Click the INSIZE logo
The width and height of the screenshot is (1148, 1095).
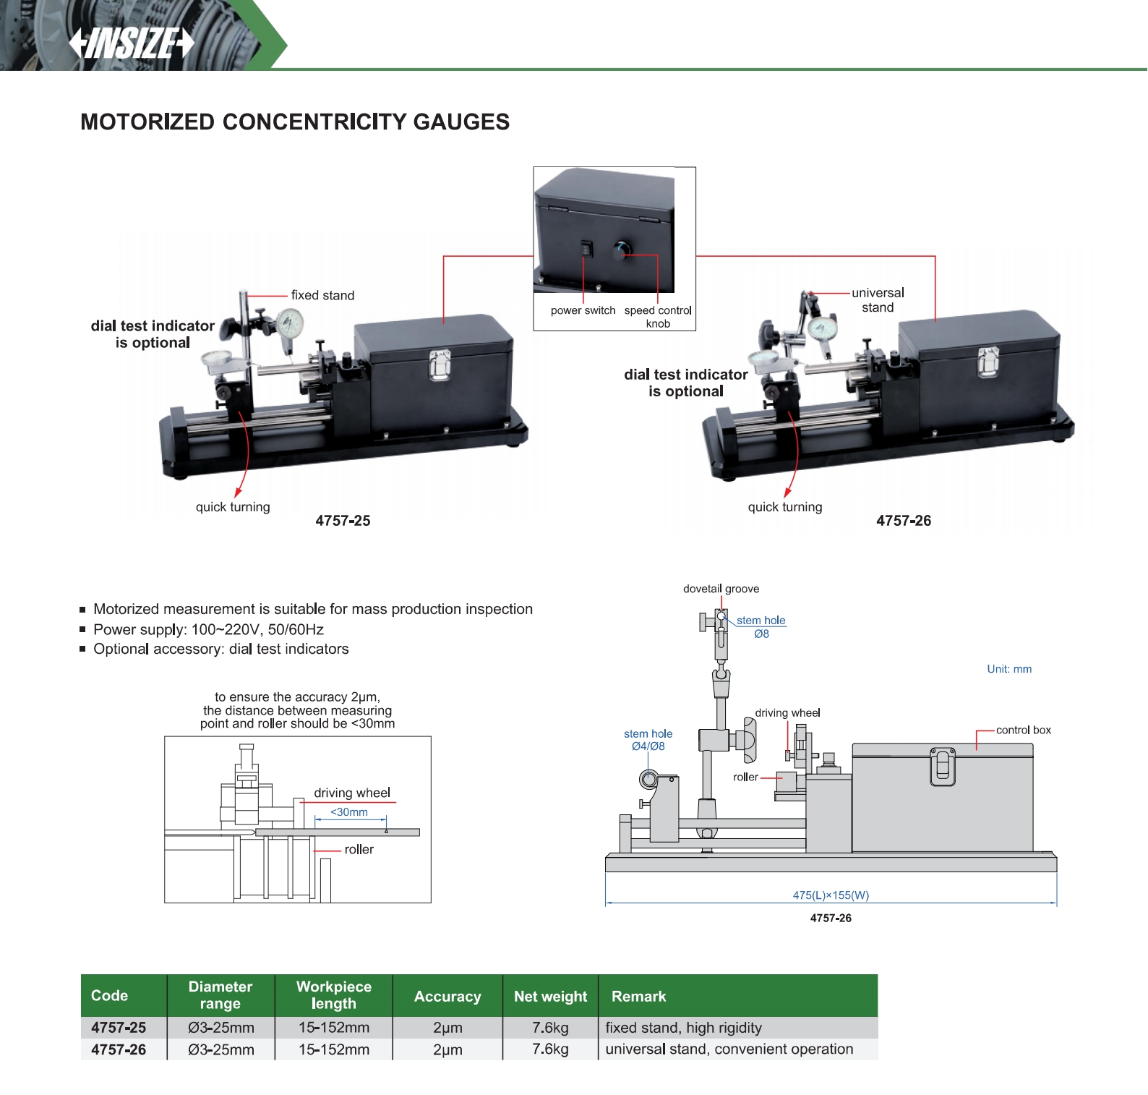(131, 43)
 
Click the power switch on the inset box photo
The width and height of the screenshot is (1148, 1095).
(586, 249)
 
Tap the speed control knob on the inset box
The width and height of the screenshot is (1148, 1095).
(620, 250)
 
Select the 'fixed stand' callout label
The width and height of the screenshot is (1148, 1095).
(322, 295)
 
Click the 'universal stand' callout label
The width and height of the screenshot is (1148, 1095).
(878, 300)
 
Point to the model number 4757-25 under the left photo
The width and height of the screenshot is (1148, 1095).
(343, 521)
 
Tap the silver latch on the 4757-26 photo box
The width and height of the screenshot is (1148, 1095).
(988, 362)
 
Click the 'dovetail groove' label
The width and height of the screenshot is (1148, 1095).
(721, 589)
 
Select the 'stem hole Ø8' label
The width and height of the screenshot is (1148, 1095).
(761, 627)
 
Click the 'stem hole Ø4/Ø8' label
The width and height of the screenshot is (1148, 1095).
(648, 740)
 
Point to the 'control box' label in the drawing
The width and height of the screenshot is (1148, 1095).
(1023, 730)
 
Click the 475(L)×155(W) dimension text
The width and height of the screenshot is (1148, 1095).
(831, 895)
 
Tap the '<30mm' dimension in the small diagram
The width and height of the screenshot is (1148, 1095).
(349, 812)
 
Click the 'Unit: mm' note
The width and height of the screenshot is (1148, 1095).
(1009, 669)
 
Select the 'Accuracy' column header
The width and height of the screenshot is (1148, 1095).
(447, 996)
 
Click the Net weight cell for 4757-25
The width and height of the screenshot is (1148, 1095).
(550, 1028)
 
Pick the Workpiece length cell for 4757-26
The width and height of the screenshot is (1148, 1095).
(334, 1049)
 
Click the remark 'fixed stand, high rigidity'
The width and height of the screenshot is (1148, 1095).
(683, 1028)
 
